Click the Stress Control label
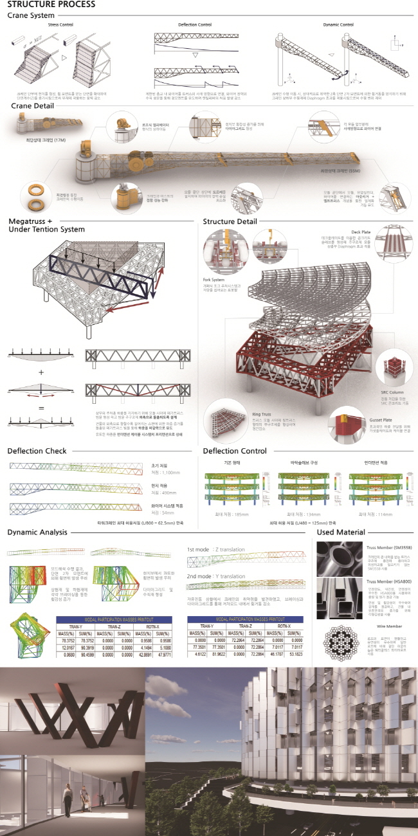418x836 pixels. [60, 24]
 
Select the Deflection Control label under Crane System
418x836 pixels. [195, 24]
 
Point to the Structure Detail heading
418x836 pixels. [232, 221]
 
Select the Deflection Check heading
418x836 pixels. [37, 451]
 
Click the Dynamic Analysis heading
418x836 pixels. [37, 532]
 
